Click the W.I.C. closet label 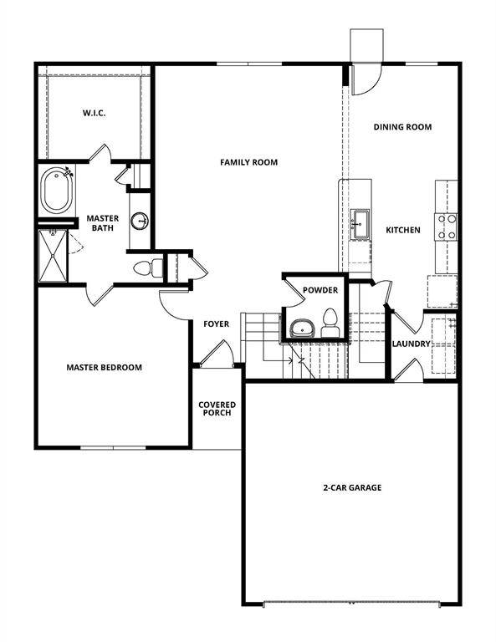point(92,112)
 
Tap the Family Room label point(248,162)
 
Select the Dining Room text point(402,127)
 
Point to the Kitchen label point(402,230)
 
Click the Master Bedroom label point(104,367)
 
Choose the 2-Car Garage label point(352,487)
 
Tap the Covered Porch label point(217,410)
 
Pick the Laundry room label point(411,344)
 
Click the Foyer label point(217,324)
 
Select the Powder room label point(320,290)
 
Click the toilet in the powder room point(330,322)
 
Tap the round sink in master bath point(139,222)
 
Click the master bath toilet point(146,268)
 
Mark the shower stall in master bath point(54,256)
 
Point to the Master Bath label point(104,223)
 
